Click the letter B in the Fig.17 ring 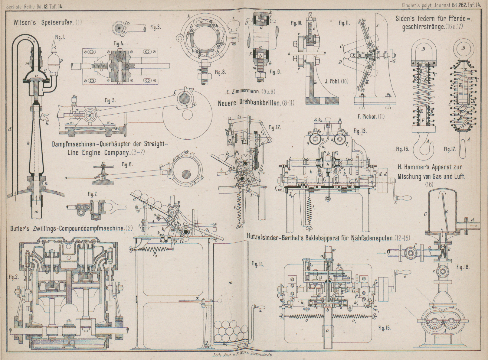463,48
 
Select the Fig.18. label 463,267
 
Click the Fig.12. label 274,128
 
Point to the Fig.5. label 110,101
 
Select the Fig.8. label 220,72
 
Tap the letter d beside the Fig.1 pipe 10,129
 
